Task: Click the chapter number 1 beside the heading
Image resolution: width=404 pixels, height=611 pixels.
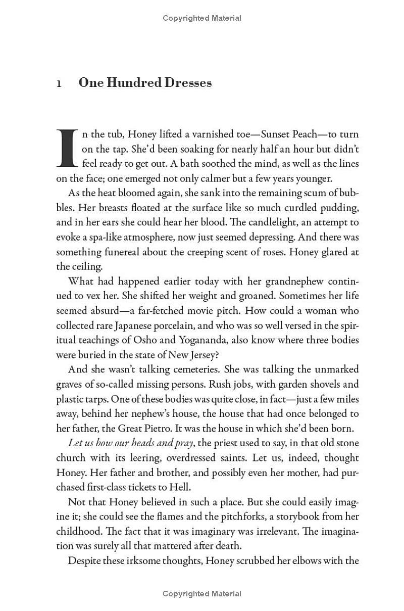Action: coord(59,84)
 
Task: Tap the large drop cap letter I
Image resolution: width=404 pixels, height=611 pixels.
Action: coord(66,148)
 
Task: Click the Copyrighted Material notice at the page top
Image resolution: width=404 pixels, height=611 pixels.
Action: coord(202,18)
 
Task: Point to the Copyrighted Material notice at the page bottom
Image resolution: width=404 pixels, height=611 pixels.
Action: coord(202,594)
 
